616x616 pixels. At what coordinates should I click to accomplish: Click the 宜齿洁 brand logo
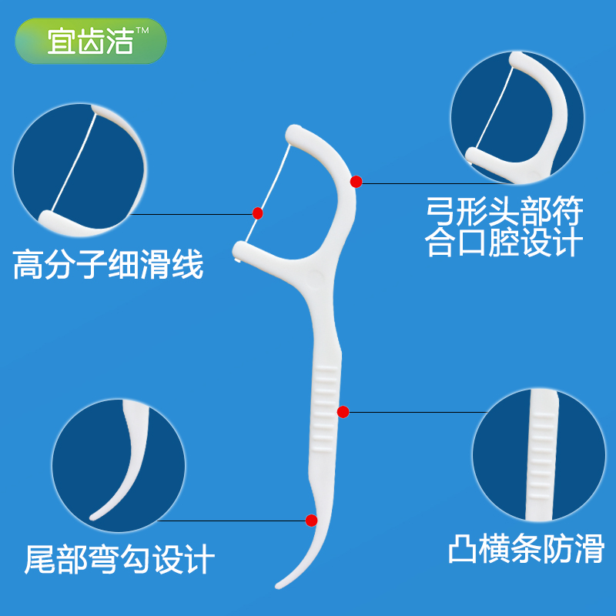91,41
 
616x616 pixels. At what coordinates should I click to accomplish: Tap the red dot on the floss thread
258,213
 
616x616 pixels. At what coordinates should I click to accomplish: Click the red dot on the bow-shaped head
356,182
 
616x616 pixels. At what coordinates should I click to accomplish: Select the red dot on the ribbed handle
343,412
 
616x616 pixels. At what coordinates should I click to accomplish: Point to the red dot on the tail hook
311,521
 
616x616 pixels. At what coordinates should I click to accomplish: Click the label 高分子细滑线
108,266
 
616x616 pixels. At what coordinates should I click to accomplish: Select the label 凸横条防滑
527,549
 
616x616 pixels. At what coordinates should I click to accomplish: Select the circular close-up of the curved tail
119,464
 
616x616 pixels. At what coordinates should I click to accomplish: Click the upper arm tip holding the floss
293,134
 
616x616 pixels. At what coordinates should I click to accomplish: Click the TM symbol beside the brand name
143,30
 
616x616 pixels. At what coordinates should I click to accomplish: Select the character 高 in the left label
28,266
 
